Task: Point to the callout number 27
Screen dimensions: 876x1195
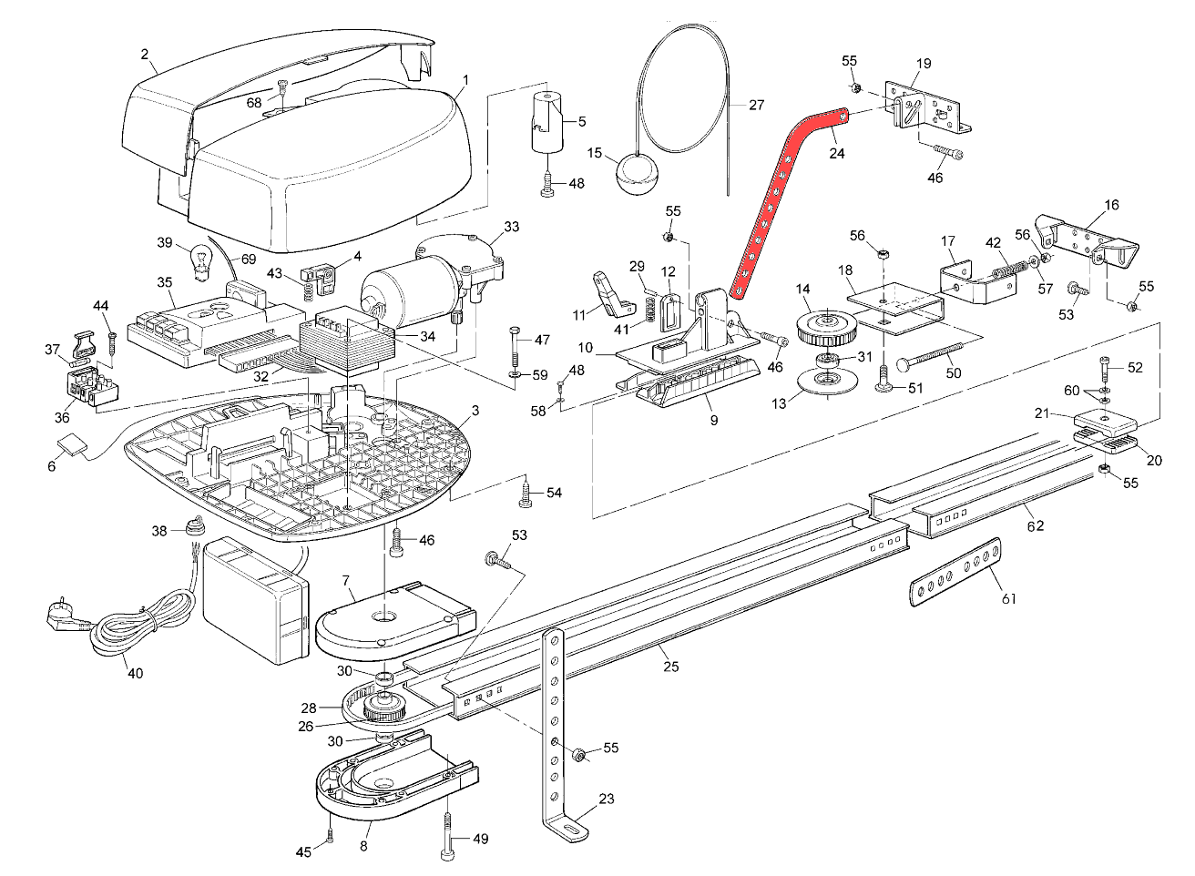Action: (756, 105)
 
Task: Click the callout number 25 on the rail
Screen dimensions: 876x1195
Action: (670, 667)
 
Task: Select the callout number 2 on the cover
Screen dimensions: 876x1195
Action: (144, 54)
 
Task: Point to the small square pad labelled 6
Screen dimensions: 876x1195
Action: (71, 445)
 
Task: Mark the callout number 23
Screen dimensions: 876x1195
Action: (607, 800)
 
